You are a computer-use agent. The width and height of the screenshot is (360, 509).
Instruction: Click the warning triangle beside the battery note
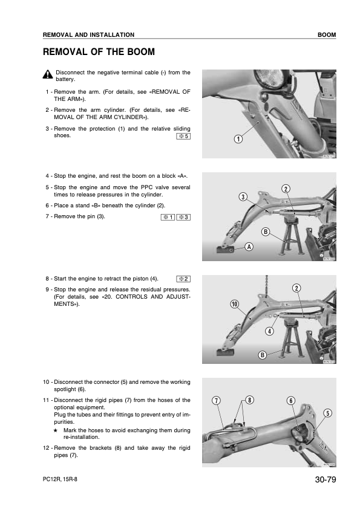pyautogui.click(x=47, y=74)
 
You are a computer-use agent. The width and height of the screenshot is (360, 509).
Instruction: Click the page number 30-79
pyautogui.click(x=326, y=479)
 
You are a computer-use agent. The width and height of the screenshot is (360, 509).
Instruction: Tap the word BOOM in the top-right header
pyautogui.click(x=327, y=34)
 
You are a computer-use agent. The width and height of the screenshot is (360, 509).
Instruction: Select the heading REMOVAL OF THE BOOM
pyautogui.click(x=99, y=52)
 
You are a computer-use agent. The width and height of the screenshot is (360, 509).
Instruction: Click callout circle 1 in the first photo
pyautogui.click(x=238, y=139)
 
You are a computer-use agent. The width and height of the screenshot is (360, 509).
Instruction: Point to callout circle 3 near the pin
pyautogui.click(x=243, y=196)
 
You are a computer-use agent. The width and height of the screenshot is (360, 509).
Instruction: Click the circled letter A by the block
pyautogui.click(x=249, y=247)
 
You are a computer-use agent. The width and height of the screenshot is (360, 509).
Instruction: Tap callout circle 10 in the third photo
pyautogui.click(x=235, y=304)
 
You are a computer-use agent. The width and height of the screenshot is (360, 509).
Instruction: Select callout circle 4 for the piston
pyautogui.click(x=269, y=331)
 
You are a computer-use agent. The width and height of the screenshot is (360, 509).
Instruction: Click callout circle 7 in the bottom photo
pyautogui.click(x=216, y=401)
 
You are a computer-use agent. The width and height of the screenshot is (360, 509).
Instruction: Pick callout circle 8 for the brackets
pyautogui.click(x=249, y=400)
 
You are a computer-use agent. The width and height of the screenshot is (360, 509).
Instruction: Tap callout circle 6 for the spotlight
pyautogui.click(x=291, y=401)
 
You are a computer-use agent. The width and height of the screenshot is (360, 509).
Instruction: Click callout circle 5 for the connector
pyautogui.click(x=328, y=413)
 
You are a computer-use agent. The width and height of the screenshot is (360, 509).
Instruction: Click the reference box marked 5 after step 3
pyautogui.click(x=183, y=137)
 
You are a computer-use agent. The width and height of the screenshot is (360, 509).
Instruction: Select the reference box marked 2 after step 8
pyautogui.click(x=183, y=279)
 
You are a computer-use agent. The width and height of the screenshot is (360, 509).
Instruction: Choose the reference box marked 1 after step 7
pyautogui.click(x=168, y=217)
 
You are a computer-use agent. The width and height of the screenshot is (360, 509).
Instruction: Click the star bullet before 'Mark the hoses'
pyautogui.click(x=56, y=430)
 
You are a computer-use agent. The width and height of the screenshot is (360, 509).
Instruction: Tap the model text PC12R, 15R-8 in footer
pyautogui.click(x=60, y=479)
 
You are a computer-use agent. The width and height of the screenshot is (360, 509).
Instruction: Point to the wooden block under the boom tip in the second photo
pyautogui.click(x=225, y=249)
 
